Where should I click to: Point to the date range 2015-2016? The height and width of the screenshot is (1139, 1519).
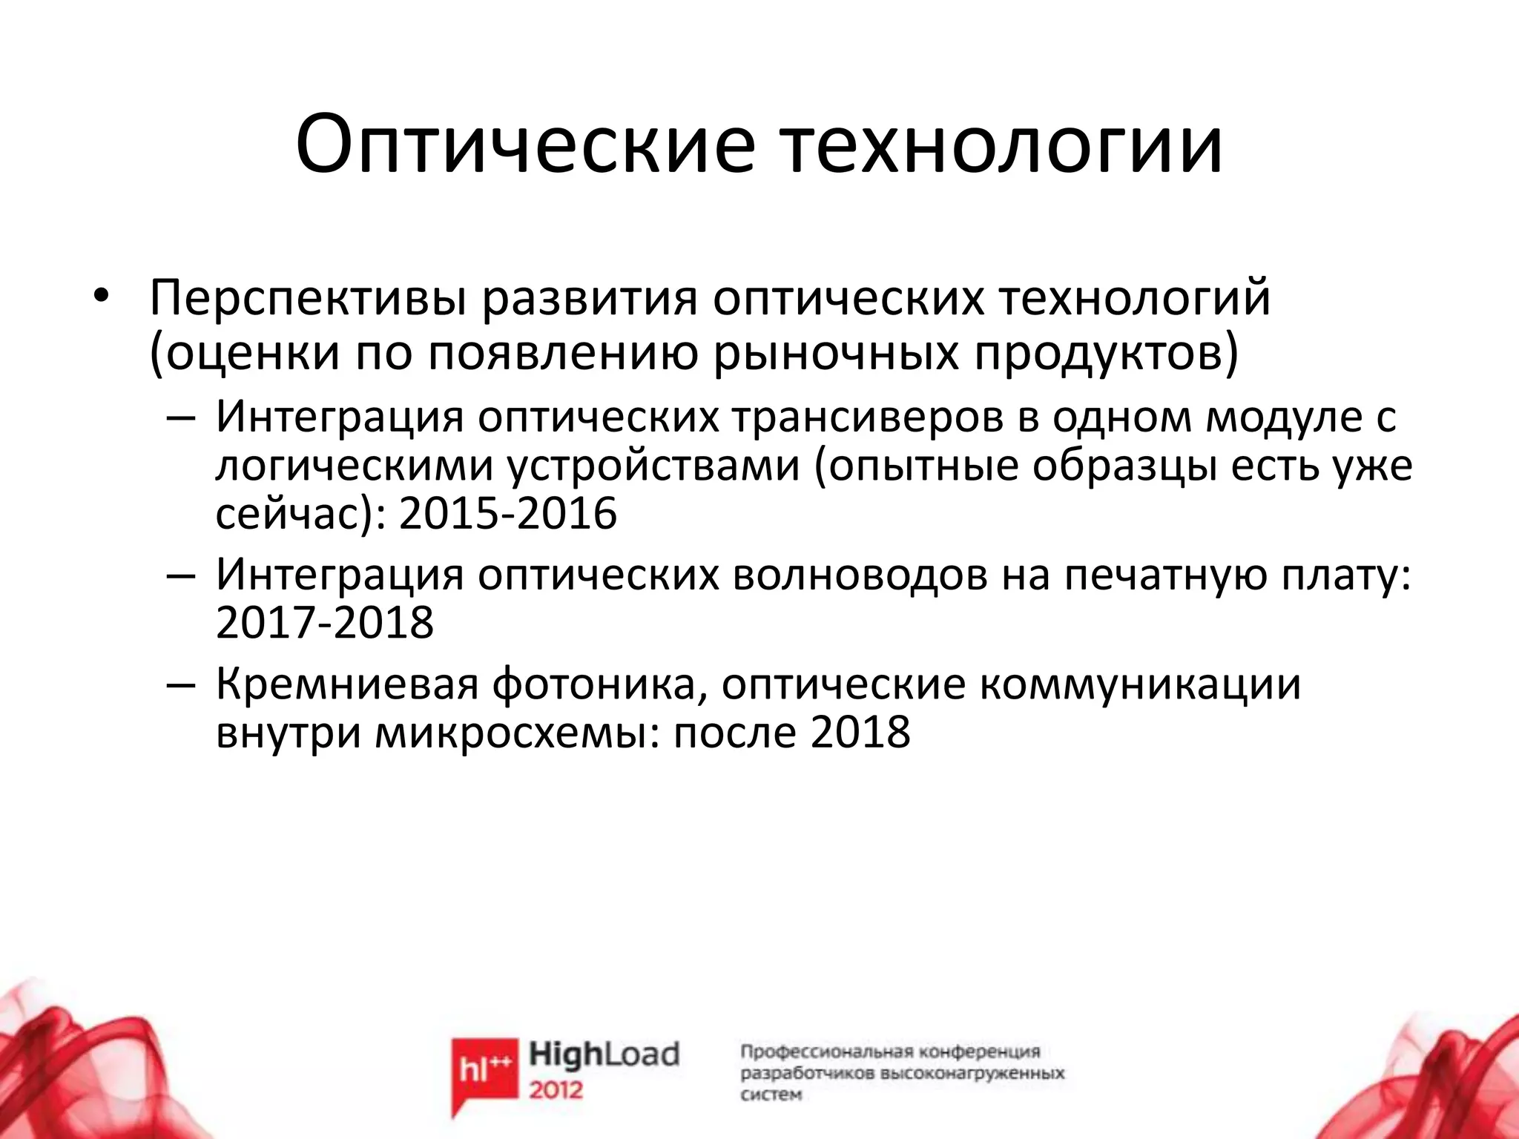click(508, 513)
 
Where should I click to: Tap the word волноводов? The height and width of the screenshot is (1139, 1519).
click(860, 575)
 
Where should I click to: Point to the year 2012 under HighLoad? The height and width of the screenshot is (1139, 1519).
click(556, 1091)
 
